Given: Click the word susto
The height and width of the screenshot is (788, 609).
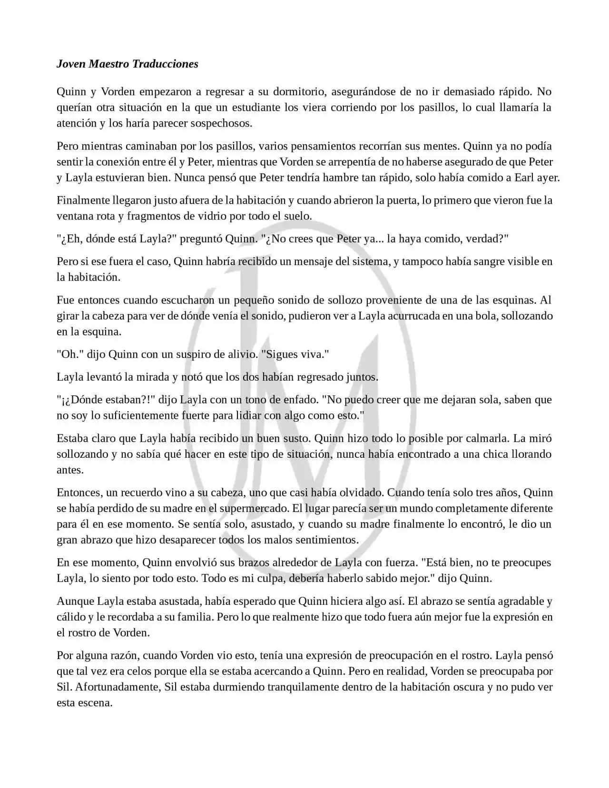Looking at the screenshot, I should click(295, 438).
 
